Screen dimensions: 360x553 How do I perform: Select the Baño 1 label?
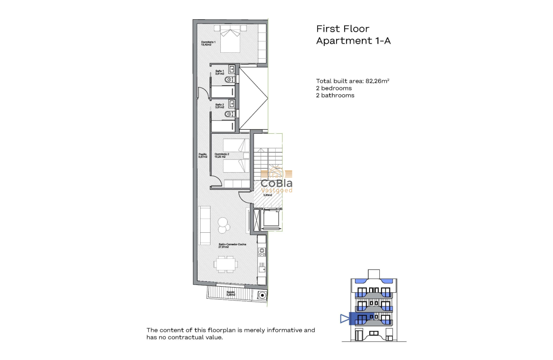(219, 72)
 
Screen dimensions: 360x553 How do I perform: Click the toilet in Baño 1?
(230, 80)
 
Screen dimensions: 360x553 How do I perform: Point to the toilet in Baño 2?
(230, 114)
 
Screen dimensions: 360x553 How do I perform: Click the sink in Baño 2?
(232, 103)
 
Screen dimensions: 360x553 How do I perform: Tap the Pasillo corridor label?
(203, 156)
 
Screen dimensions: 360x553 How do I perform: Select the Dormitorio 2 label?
(222, 156)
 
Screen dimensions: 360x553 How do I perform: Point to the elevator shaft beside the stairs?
(270, 219)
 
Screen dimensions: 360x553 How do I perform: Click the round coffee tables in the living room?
(224, 225)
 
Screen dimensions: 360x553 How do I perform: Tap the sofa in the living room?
(204, 225)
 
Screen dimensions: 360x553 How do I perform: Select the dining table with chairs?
(225, 264)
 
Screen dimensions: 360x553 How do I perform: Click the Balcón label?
(231, 294)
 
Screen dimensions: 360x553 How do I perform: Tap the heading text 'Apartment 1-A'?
(353, 41)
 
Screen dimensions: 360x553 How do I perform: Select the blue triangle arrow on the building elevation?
(344, 318)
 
